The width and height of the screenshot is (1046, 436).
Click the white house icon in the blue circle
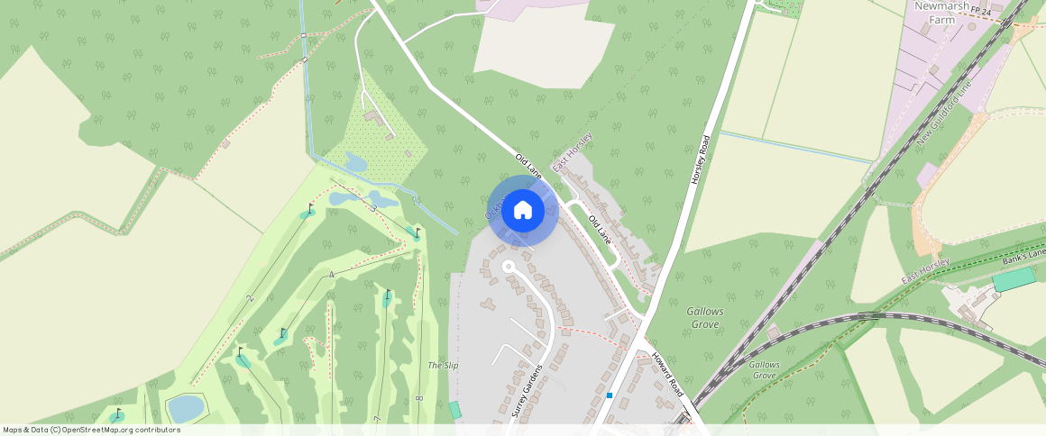click(x=523, y=211)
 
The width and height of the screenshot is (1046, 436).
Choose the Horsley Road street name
click(x=701, y=160)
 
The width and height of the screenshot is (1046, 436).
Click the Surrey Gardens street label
click(x=528, y=390)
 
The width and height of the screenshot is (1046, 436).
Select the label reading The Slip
click(x=443, y=366)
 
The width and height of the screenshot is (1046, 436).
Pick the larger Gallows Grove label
click(x=706, y=317)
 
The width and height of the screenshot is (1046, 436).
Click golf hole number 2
click(x=251, y=297)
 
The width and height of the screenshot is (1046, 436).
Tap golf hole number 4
click(x=332, y=275)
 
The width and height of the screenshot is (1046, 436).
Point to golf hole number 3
click(x=374, y=208)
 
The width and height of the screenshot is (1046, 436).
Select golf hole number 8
click(x=419, y=397)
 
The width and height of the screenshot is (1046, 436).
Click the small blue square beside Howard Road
click(x=610, y=395)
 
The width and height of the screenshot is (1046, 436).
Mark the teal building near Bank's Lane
click(x=1014, y=279)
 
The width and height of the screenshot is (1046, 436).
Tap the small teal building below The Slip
click(x=455, y=410)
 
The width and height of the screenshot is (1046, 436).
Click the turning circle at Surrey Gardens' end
click(x=508, y=267)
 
